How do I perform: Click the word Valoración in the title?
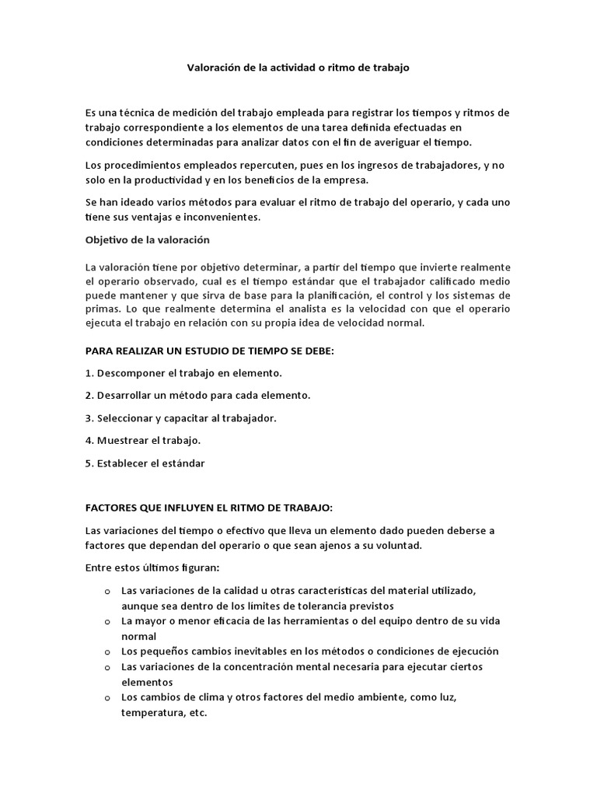click(213, 68)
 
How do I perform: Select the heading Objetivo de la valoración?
click(147, 239)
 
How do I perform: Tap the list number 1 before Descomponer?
click(88, 373)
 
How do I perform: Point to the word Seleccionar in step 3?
click(126, 418)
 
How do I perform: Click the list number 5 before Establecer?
click(88, 463)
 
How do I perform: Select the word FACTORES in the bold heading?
click(112, 508)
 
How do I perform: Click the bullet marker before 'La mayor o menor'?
click(106, 622)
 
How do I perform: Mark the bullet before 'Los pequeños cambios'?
click(106, 651)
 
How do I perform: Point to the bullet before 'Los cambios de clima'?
click(106, 697)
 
